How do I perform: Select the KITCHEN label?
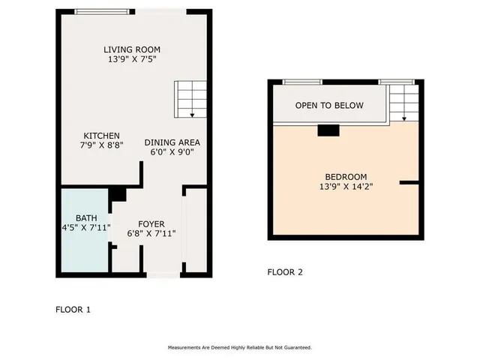tap(101, 136)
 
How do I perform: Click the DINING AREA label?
tap(172, 142)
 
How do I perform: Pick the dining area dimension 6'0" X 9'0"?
tap(172, 152)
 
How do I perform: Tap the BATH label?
tap(86, 217)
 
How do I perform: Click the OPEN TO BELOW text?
tap(329, 106)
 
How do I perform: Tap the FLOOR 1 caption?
tap(73, 309)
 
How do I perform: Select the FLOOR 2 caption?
tap(285, 272)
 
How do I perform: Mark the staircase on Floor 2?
tap(403, 102)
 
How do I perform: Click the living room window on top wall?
tap(100, 11)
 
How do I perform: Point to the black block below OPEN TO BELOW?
tap(328, 131)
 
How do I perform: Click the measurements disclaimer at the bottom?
tap(239, 348)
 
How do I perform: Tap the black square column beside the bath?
tap(117, 194)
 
